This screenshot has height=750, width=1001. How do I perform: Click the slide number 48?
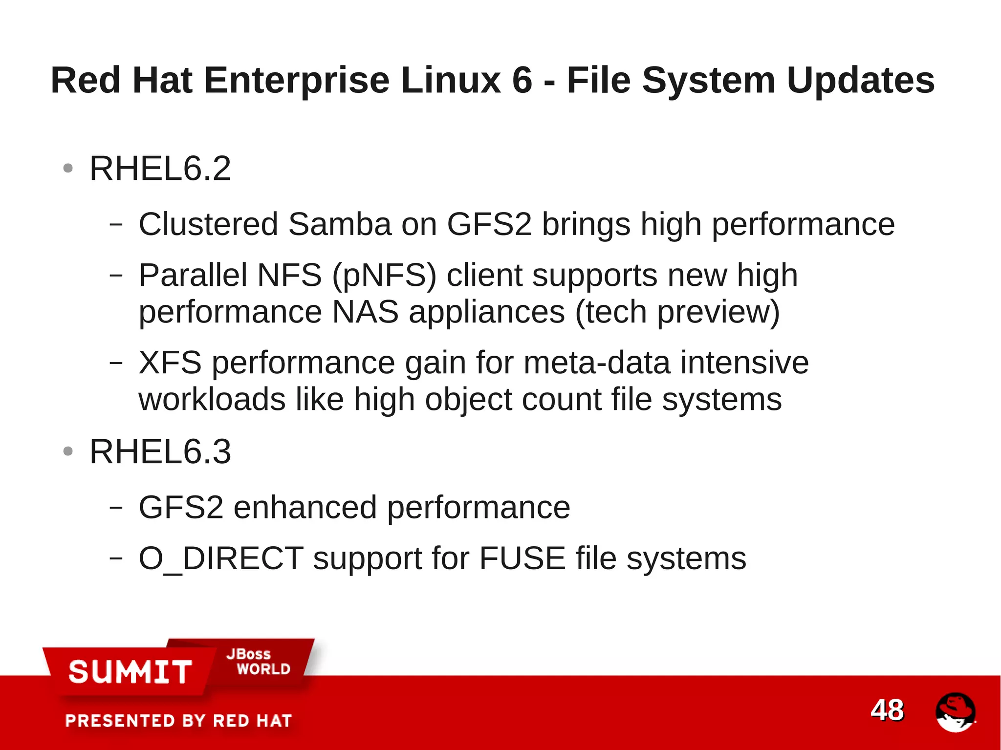click(887, 709)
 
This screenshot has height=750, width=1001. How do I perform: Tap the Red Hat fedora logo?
click(955, 712)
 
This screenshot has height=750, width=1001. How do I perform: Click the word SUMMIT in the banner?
click(130, 671)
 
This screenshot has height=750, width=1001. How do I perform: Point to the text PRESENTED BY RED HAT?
click(178, 721)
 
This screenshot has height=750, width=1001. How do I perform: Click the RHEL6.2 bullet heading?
click(160, 169)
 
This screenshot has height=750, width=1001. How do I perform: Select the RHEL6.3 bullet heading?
click(160, 451)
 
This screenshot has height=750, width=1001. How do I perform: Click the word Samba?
click(340, 224)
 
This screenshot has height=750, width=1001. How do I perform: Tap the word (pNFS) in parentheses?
click(384, 275)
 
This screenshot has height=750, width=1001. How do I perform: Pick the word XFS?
click(170, 363)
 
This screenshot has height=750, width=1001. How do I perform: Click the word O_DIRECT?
click(221, 558)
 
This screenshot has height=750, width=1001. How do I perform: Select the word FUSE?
click(522, 558)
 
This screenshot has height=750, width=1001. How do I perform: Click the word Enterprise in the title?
click(296, 80)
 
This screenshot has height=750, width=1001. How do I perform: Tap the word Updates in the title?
click(860, 80)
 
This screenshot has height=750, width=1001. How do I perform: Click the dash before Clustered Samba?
click(116, 224)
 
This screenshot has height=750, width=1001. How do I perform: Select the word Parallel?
click(193, 275)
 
